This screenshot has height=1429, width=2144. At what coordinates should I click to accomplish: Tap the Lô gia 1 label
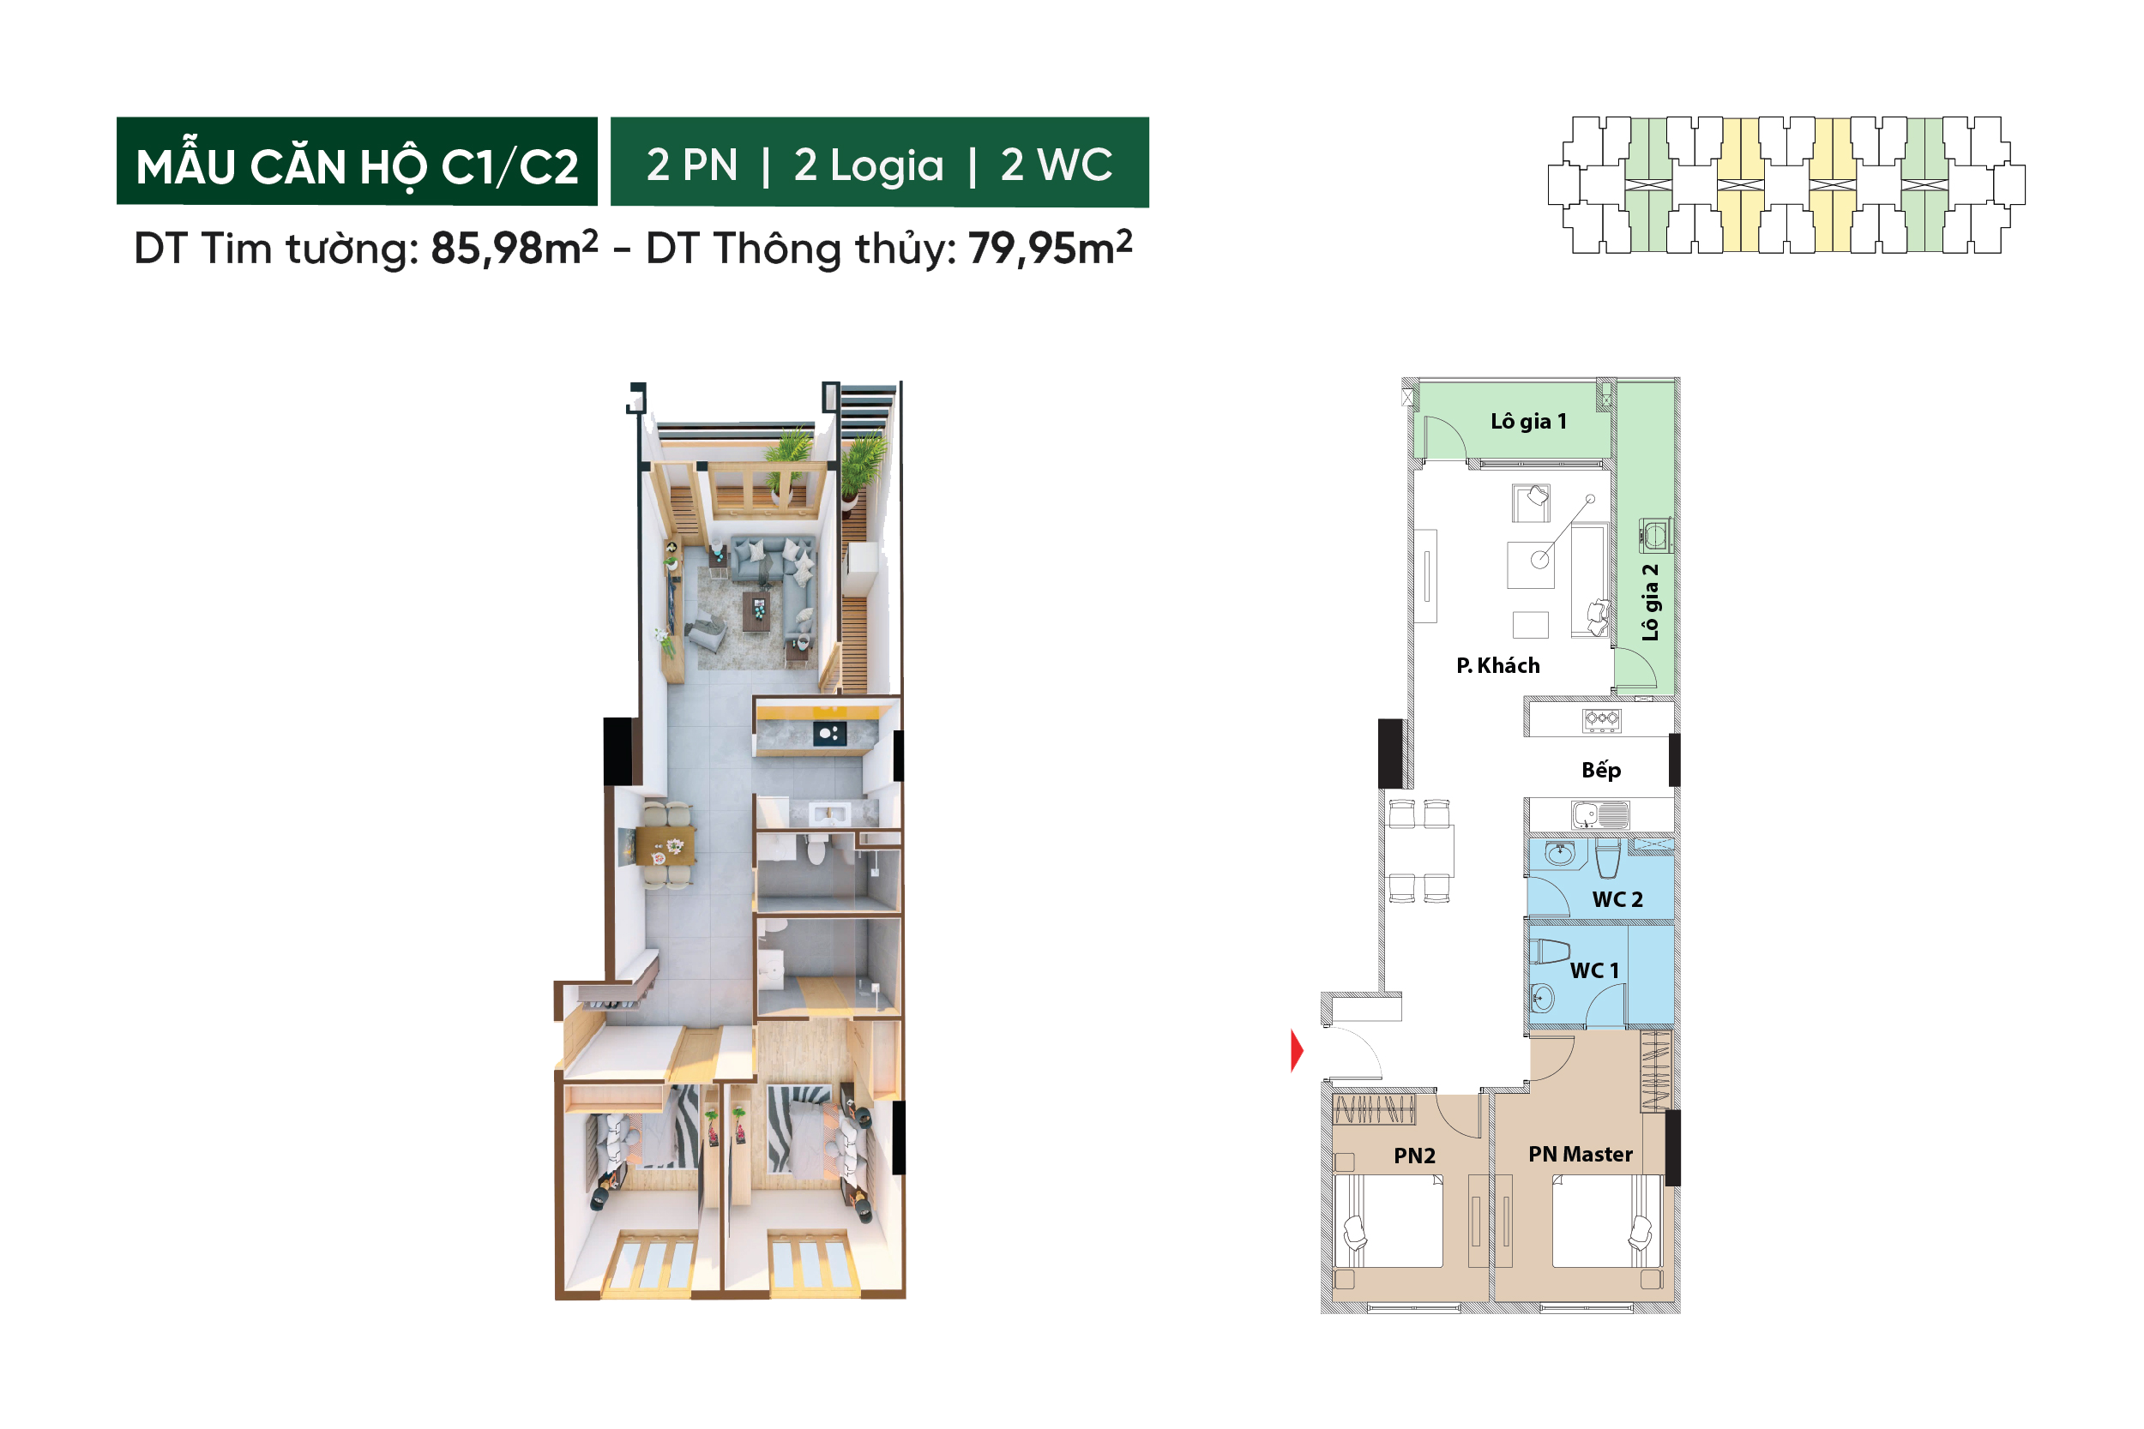tap(1529, 421)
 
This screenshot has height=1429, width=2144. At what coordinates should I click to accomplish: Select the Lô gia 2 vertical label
tap(1650, 603)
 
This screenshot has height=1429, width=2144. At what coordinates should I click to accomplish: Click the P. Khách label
tap(1497, 665)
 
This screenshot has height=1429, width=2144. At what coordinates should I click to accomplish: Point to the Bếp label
tap(1600, 770)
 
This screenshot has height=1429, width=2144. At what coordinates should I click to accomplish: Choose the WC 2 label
tap(1617, 899)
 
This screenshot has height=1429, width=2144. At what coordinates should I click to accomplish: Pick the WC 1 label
tap(1594, 970)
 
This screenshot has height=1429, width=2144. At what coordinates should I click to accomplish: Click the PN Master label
tap(1580, 1154)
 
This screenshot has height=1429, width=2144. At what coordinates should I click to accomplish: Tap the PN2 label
tap(1414, 1156)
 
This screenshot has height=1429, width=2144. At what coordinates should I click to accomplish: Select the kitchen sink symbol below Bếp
tap(1599, 814)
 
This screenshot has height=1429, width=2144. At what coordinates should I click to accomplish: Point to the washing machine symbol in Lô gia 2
tap(1654, 536)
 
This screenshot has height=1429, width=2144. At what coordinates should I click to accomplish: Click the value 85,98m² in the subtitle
tap(514, 247)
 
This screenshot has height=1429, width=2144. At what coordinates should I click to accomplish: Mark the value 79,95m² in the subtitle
tap(1050, 247)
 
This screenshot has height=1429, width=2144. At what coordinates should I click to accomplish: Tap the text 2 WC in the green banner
tap(1057, 165)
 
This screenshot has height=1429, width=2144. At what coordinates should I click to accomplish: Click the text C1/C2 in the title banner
tap(509, 167)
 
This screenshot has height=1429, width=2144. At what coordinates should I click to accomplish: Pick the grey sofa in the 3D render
tap(774, 574)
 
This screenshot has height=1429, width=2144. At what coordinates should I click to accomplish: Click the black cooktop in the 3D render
tap(828, 733)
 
